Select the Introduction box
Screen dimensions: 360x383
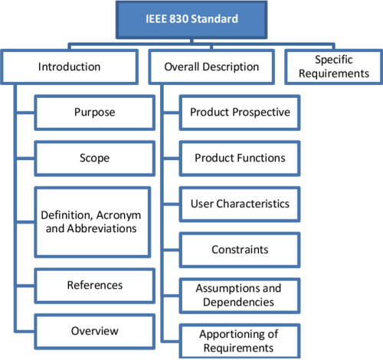click(x=70, y=67)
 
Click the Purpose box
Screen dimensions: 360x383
click(x=95, y=113)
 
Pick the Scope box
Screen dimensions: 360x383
click(x=95, y=159)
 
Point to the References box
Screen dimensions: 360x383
click(x=95, y=285)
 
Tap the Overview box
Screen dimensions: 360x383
click(x=95, y=331)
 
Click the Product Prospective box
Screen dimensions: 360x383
click(x=240, y=113)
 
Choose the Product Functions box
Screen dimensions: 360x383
click(x=240, y=159)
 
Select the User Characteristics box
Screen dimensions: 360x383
click(x=240, y=205)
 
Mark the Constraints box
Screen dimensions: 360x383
click(x=240, y=250)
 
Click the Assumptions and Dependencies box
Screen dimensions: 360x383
click(x=240, y=294)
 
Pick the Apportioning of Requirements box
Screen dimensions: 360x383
click(x=240, y=340)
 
